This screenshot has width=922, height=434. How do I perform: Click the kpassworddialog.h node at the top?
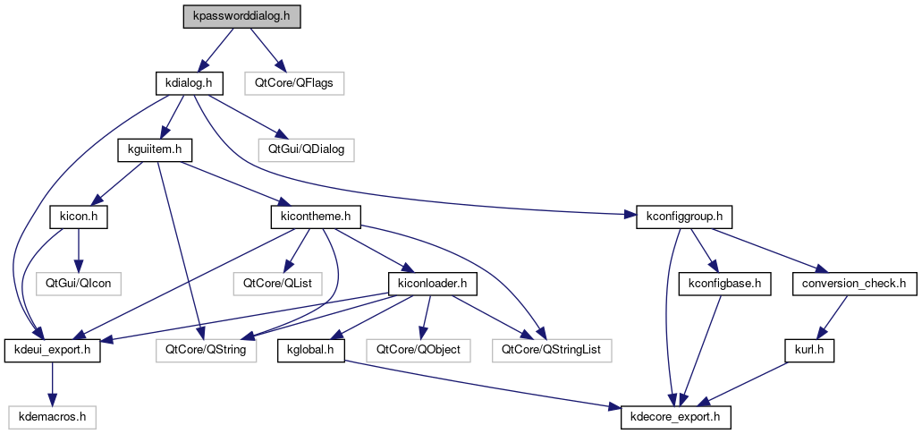tap(241, 16)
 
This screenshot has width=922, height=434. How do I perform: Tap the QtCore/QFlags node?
tap(294, 83)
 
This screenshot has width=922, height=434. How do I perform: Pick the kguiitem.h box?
tap(149, 149)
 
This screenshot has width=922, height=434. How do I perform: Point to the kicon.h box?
tap(79, 217)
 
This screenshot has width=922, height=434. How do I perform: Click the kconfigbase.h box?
tap(724, 284)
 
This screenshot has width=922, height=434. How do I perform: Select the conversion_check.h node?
tap(854, 284)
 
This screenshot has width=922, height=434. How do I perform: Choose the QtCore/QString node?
tap(207, 350)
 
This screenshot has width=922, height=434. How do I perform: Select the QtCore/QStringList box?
tap(550, 350)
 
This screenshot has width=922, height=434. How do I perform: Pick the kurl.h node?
tap(811, 350)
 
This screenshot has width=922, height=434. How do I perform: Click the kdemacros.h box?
tap(52, 417)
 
